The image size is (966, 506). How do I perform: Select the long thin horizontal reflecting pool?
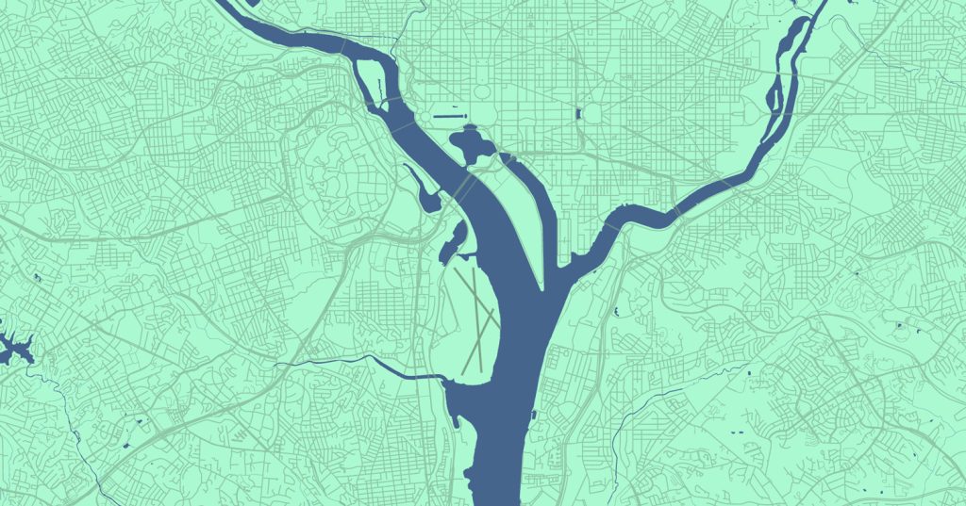pos(448,117)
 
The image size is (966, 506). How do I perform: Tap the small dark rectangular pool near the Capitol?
pos(577,115)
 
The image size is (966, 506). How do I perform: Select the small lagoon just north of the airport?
pos(453,237)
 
